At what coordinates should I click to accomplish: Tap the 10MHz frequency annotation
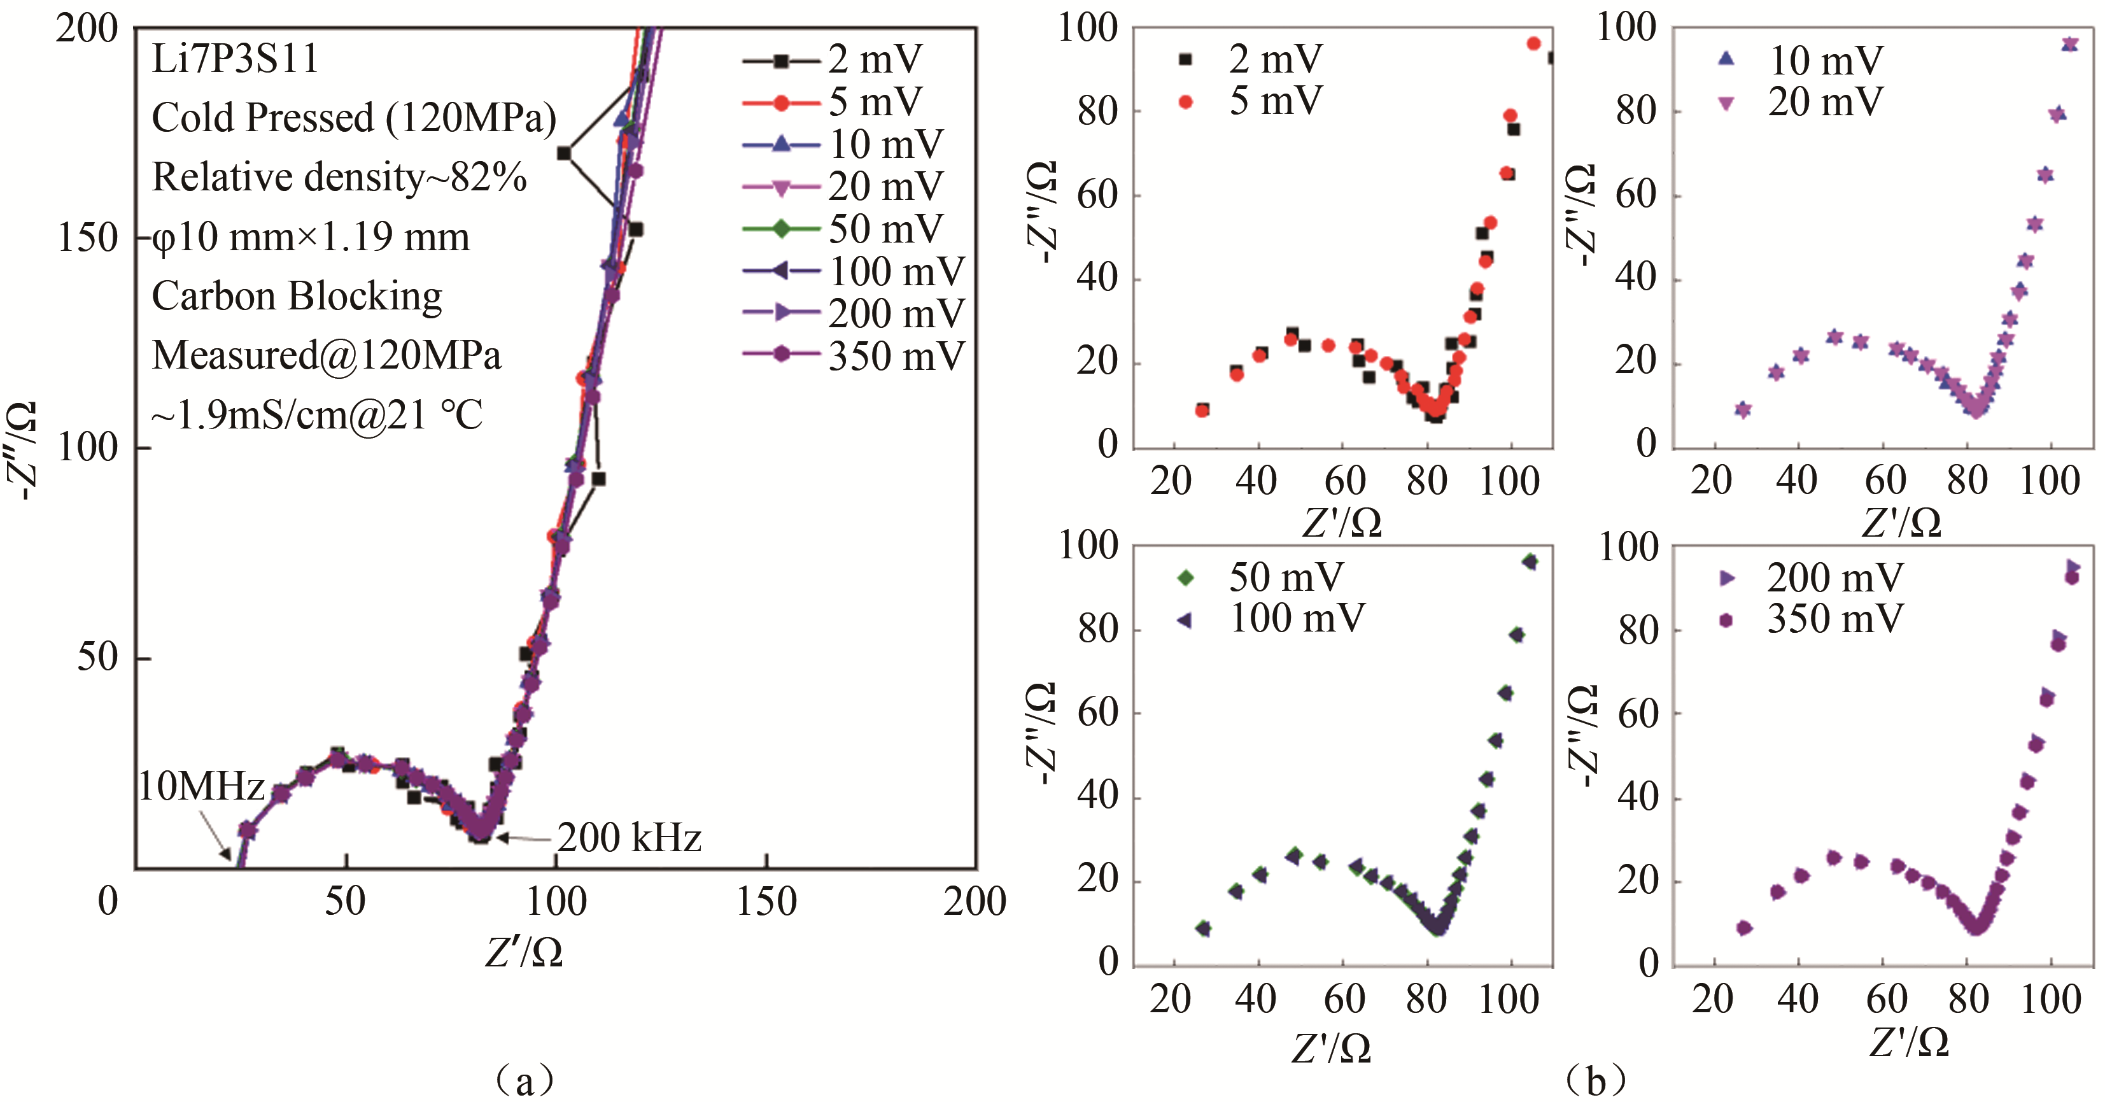click(x=201, y=786)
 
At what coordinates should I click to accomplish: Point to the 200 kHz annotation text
click(x=630, y=838)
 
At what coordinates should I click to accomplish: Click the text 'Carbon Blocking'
click(x=297, y=296)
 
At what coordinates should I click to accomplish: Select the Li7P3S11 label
click(x=236, y=59)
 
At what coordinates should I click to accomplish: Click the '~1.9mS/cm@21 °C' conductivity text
click(x=317, y=415)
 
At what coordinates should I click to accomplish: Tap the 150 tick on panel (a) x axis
click(x=766, y=901)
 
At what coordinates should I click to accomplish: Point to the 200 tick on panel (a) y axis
click(x=87, y=29)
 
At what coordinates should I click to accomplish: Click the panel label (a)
click(x=524, y=1081)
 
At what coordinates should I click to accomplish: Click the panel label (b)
click(x=1595, y=1081)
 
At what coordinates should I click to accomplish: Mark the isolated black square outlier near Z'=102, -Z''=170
click(x=564, y=153)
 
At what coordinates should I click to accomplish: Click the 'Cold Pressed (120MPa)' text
click(x=354, y=118)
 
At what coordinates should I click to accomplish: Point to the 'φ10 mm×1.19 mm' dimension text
click(x=311, y=237)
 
